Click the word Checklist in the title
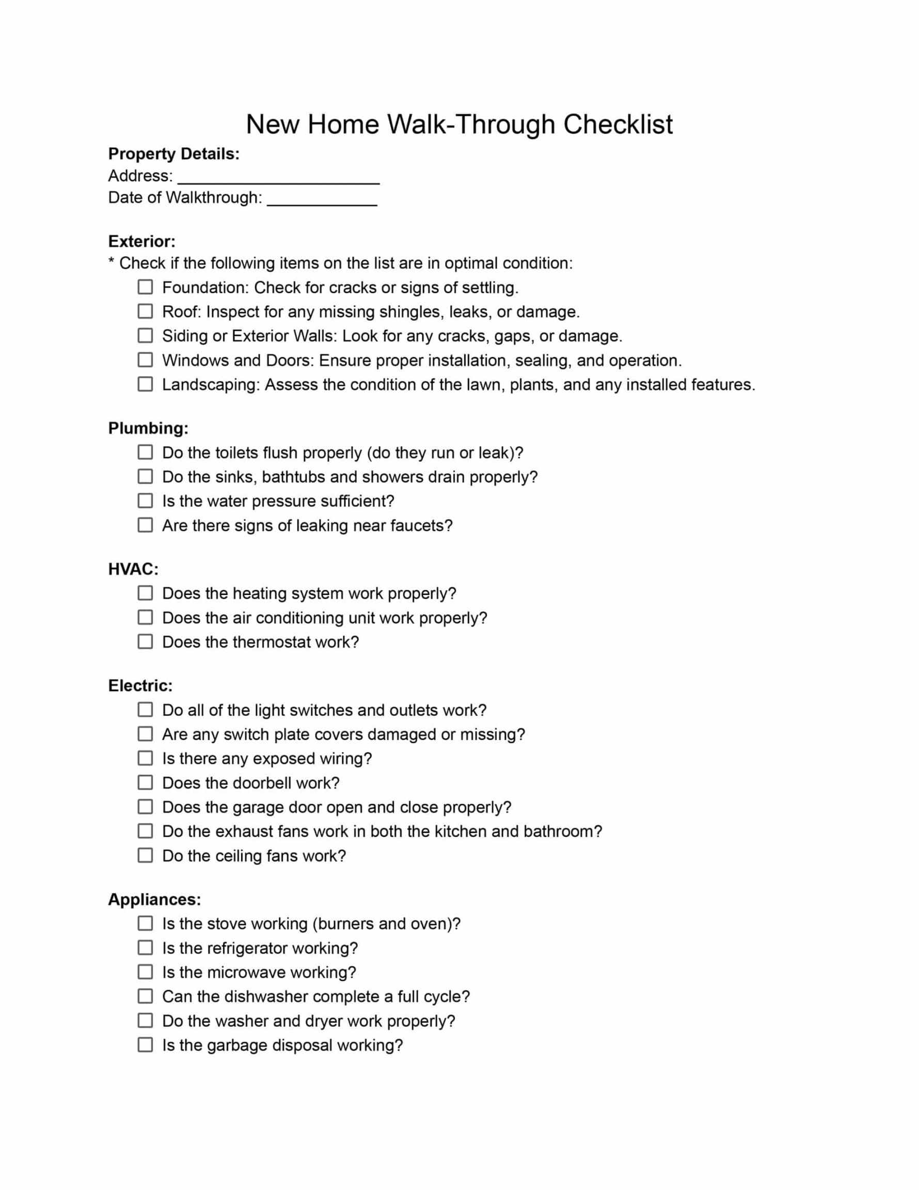click(618, 124)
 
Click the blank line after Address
click(278, 179)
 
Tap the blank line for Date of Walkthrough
click(322, 200)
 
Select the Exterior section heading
click(141, 241)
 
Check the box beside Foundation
click(145, 287)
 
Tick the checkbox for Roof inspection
click(145, 311)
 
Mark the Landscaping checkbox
click(145, 384)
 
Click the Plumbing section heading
click(148, 428)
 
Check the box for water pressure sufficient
click(145, 500)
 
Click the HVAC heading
click(133, 569)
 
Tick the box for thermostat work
click(145, 641)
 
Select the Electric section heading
click(140, 685)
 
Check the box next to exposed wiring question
click(145, 758)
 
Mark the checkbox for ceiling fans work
click(145, 855)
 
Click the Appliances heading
click(154, 900)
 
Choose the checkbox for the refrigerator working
click(145, 948)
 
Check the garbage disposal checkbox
click(145, 1045)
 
